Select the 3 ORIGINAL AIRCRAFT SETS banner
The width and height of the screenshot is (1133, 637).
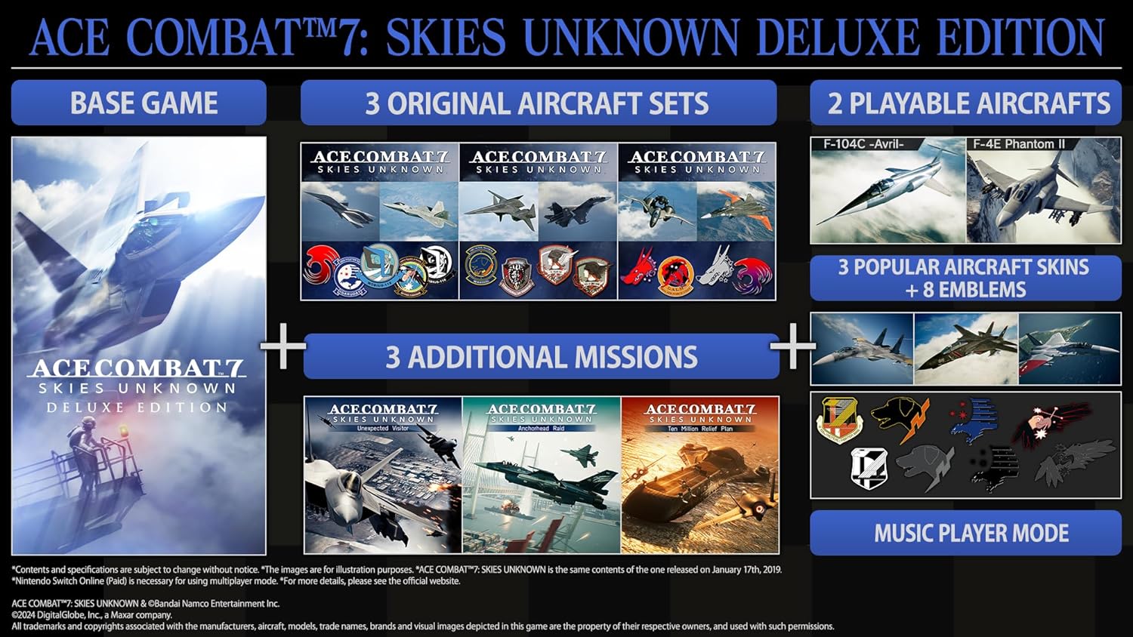pos(538,103)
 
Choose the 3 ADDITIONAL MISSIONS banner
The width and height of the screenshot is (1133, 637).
pos(541,357)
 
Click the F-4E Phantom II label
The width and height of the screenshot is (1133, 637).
pos(1019,144)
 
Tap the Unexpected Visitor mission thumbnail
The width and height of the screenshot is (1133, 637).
pos(383,475)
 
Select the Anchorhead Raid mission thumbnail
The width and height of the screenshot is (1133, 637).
pos(541,475)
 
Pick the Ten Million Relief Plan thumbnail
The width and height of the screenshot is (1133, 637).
pos(699,475)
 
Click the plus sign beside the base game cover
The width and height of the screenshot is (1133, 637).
pos(282,347)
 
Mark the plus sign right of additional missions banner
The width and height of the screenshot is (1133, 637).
pos(792,347)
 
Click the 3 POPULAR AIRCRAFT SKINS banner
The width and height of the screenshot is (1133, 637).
pos(965,278)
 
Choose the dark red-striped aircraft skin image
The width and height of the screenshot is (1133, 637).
pos(965,349)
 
